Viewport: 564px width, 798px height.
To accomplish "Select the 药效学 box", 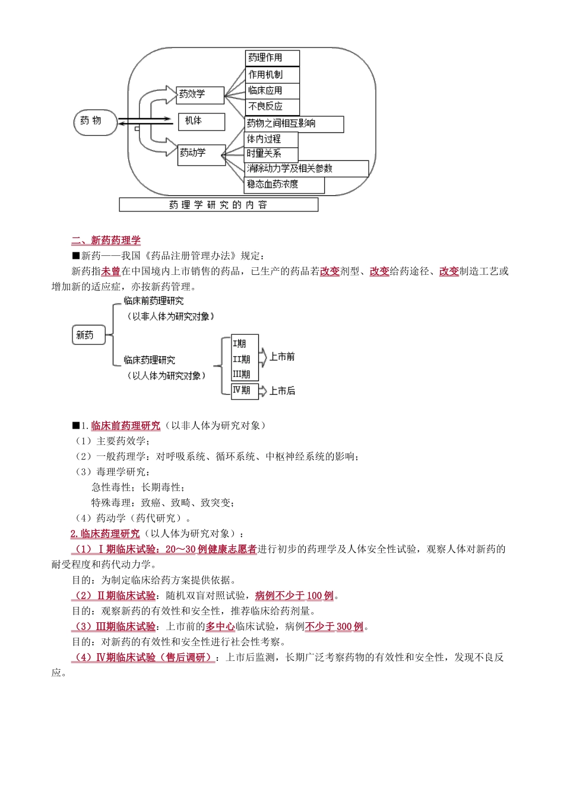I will point(200,95).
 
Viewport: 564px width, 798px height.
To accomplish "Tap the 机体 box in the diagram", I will point(201,122).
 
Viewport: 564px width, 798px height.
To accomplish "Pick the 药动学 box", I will point(201,154).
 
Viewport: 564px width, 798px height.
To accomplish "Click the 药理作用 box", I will point(272,58).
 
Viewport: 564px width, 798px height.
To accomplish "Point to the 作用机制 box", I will point(272,75).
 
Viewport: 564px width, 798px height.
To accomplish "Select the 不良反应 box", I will point(272,107).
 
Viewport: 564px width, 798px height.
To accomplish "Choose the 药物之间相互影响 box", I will point(294,124).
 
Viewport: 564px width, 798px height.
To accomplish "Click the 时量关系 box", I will point(271,154).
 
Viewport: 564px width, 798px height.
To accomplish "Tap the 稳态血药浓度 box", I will point(284,185).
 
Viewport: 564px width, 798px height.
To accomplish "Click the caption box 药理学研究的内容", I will point(218,205).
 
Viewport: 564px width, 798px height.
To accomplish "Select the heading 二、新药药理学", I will point(106,240).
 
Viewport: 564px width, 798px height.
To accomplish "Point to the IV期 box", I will point(242,390).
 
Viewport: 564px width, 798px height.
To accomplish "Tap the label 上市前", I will point(281,357).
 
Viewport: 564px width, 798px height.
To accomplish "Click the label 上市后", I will point(281,391).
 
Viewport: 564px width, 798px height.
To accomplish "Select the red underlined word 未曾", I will point(111,271).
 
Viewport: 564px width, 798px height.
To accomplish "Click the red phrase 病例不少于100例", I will point(294,596).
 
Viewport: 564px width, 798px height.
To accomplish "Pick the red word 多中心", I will point(220,626).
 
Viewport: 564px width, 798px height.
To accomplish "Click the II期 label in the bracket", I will point(241,359).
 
